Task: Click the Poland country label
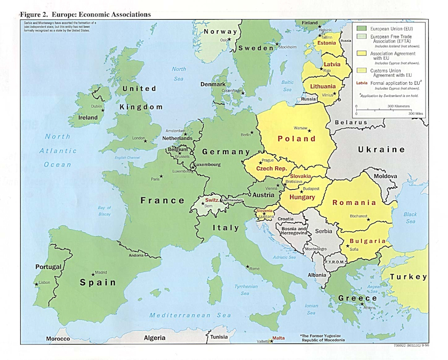(x=296, y=139)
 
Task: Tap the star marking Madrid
(x=94, y=273)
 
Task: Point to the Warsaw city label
(x=301, y=128)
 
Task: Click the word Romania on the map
(x=354, y=203)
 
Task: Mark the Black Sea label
(x=410, y=218)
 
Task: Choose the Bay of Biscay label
(x=104, y=211)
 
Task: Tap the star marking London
(x=145, y=140)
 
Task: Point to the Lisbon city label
(x=44, y=282)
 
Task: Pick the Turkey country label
(x=408, y=277)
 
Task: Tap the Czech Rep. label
(x=271, y=169)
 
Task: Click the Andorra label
(x=137, y=255)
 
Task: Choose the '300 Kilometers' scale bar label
(x=398, y=106)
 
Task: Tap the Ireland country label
(x=88, y=117)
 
